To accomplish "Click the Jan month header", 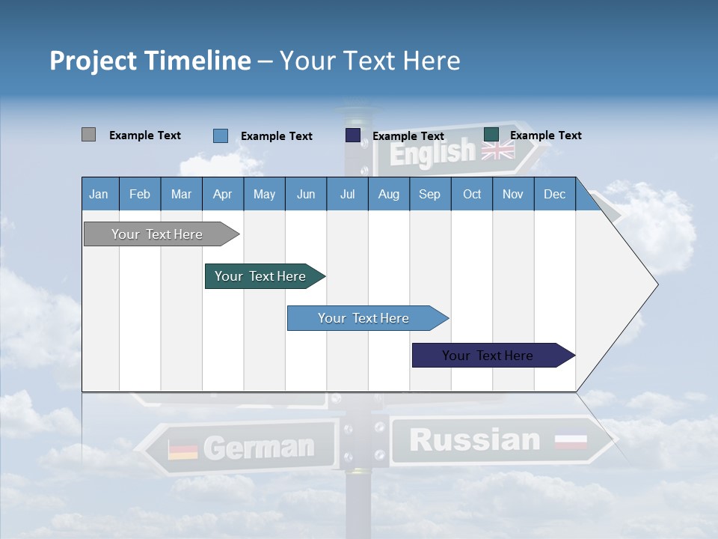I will tap(99, 194).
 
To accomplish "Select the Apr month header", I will tap(222, 194).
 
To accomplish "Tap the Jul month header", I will tap(347, 194).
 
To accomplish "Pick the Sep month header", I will tap(429, 194).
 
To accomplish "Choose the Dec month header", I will tap(554, 194).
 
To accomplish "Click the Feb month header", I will tap(140, 194).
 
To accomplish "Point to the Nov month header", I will tap(512, 194).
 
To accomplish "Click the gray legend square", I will tap(88, 135).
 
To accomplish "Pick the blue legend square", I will tap(220, 135).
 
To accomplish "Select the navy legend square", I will tap(352, 135).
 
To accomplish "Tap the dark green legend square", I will tap(491, 135).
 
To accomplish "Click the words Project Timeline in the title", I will tap(150, 61).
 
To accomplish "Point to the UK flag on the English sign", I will tap(497, 150).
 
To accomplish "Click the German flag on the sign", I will tap(183, 449).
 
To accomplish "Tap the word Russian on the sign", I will tap(474, 440).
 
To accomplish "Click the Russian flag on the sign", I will tap(571, 442).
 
